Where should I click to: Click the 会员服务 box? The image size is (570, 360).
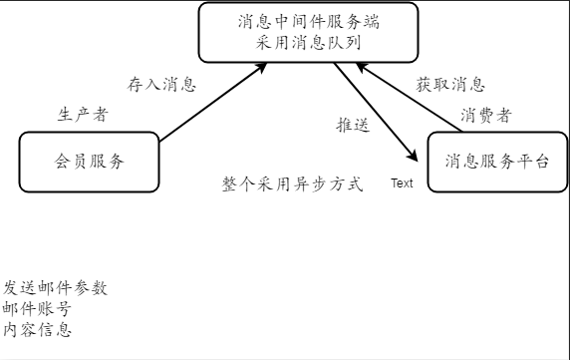(x=89, y=161)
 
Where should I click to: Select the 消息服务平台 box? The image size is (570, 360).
(x=496, y=161)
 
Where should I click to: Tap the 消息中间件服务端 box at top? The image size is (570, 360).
(x=308, y=33)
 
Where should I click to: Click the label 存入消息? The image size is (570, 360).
(x=161, y=83)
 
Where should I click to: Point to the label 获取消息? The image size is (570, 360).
(x=450, y=84)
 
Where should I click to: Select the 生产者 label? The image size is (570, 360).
(x=82, y=114)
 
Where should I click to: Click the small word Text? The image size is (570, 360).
(x=402, y=183)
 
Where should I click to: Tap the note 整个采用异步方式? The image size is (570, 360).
(x=292, y=184)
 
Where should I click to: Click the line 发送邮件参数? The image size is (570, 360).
(x=55, y=287)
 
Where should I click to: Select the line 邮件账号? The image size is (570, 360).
(x=37, y=308)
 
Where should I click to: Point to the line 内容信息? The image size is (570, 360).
(x=37, y=329)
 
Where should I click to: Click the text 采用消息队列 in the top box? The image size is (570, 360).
(x=308, y=43)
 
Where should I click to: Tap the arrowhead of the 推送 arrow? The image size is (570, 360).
(x=412, y=155)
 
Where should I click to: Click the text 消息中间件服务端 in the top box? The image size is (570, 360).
(x=309, y=21)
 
